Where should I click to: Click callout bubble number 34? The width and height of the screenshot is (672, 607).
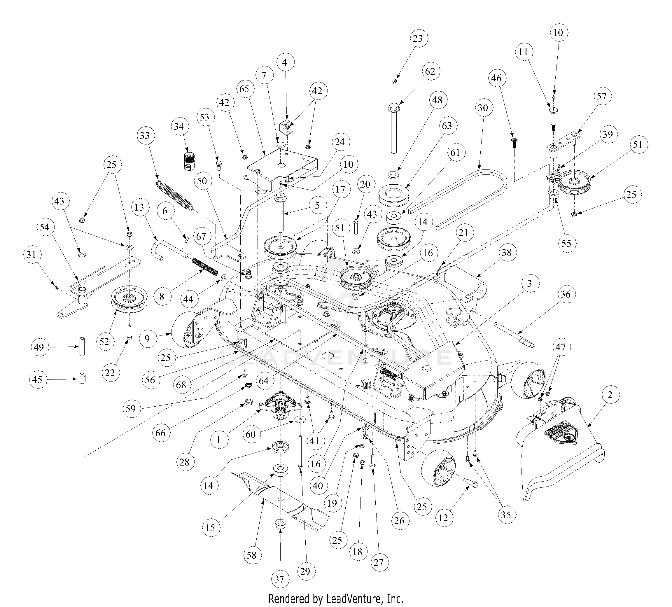[179, 127]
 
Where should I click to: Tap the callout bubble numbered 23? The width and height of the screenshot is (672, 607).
[417, 38]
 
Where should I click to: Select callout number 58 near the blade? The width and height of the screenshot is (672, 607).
[252, 555]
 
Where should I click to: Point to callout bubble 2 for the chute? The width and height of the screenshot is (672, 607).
[610, 395]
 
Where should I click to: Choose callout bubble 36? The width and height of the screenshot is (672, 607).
[566, 294]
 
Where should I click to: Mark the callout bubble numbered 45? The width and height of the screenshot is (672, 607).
[38, 379]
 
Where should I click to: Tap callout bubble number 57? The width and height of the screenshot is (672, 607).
[602, 96]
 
